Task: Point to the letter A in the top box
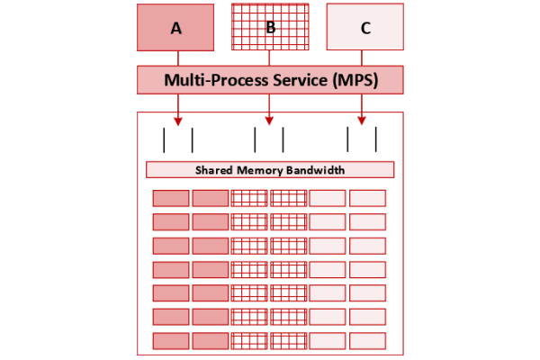click(176, 28)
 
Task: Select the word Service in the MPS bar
click(300, 79)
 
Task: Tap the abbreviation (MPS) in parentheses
click(356, 79)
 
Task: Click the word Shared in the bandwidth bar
click(216, 170)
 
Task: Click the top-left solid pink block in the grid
click(171, 198)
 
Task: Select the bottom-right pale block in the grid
click(367, 340)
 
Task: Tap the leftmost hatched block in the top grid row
click(249, 198)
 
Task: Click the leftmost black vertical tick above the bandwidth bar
click(164, 139)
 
